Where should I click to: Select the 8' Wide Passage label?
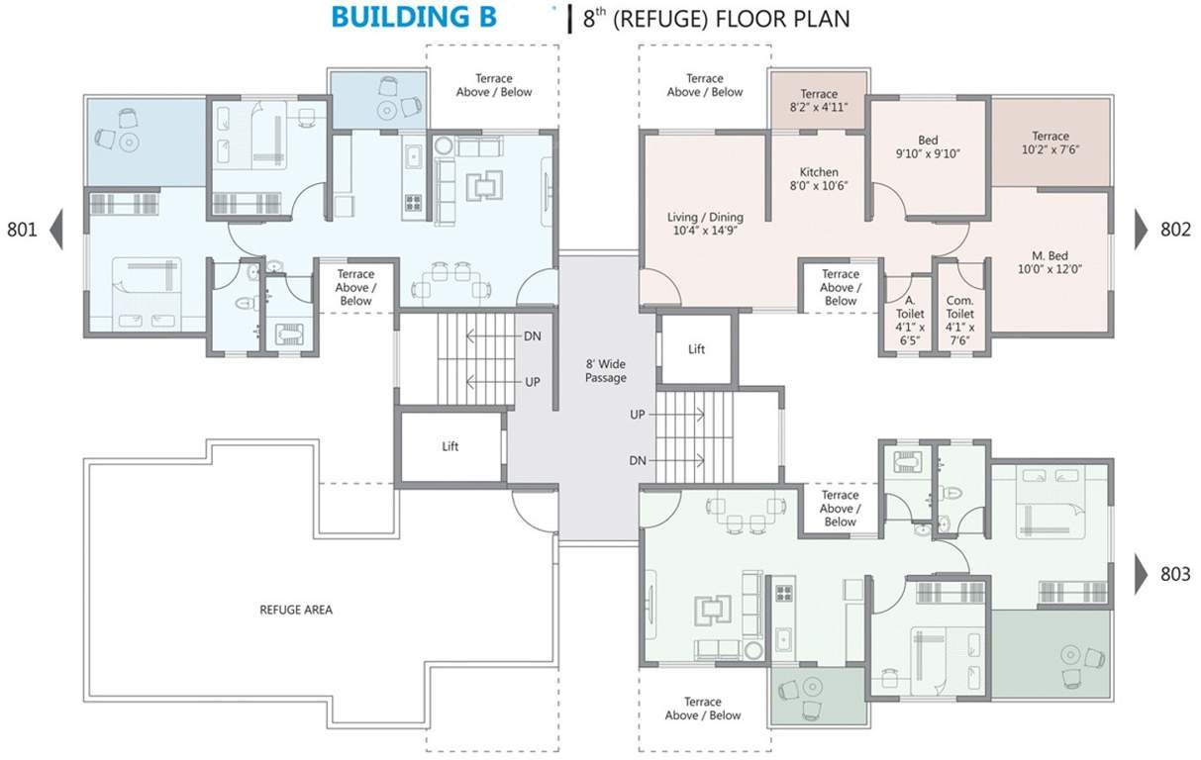point(605,371)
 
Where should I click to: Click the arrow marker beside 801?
point(56,230)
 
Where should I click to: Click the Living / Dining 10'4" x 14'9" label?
point(705,224)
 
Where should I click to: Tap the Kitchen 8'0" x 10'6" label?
point(819,179)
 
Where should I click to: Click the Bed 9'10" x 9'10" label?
point(928,146)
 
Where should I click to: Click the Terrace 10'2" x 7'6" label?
point(1050,143)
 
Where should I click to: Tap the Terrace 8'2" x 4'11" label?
point(819,101)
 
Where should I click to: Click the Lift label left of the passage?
point(450,446)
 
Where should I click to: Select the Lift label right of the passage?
point(696,349)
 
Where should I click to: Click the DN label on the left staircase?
point(533,336)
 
